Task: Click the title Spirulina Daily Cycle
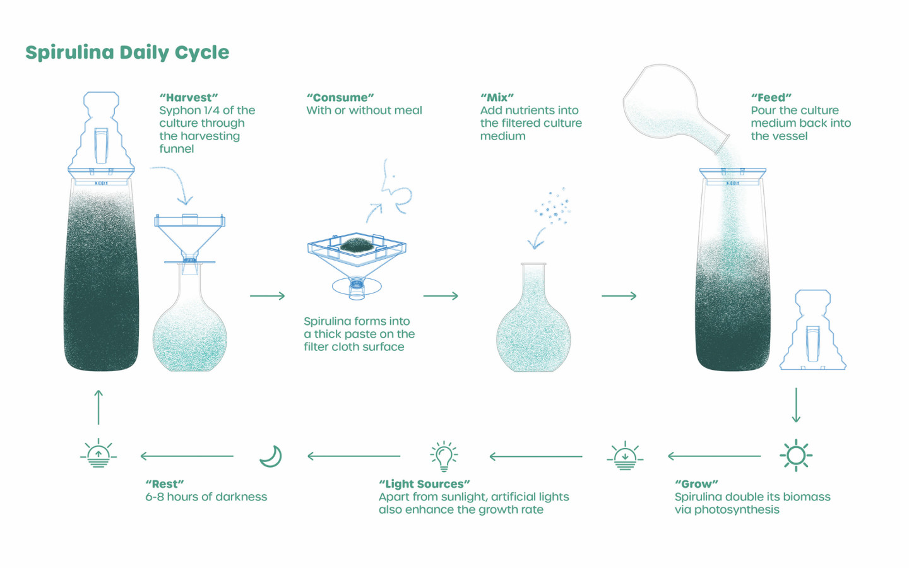[127, 52]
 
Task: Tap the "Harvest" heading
[189, 98]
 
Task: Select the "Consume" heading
[340, 98]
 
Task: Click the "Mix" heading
[497, 98]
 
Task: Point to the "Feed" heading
[771, 98]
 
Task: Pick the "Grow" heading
[696, 484]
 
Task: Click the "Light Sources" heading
[424, 484]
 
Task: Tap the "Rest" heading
[164, 484]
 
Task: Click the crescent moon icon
[271, 456]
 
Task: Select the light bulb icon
[444, 456]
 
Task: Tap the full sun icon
[795, 455]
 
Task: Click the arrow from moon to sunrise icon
[187, 456]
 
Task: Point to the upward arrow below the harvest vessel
[98, 407]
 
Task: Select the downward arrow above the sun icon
[796, 405]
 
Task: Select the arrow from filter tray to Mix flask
[441, 295]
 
